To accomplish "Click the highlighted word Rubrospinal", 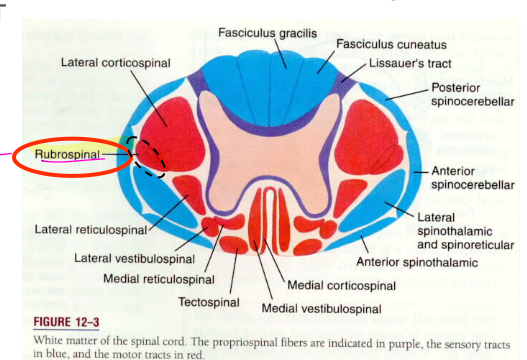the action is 68,155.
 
